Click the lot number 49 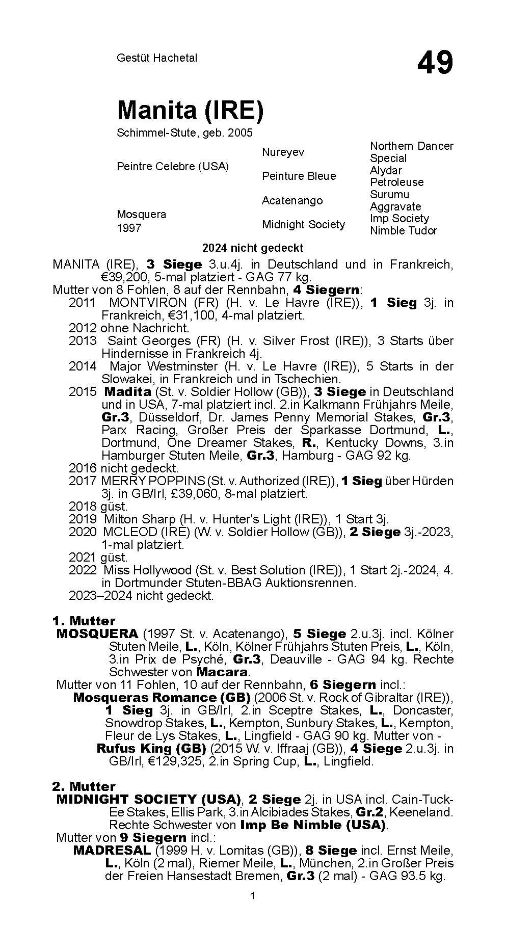pyautogui.click(x=435, y=63)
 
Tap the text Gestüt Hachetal pyautogui.click(x=157, y=58)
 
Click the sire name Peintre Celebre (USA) pyautogui.click(x=173, y=166)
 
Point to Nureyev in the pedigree pyautogui.click(x=283, y=152)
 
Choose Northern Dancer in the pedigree pyautogui.click(x=411, y=146)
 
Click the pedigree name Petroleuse pyautogui.click(x=396, y=182)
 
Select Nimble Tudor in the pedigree pyautogui.click(x=403, y=230)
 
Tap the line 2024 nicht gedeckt pyautogui.click(x=253, y=248)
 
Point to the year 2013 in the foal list pyautogui.click(x=83, y=341)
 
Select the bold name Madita pyautogui.click(x=127, y=392)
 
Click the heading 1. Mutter pyautogui.click(x=84, y=621)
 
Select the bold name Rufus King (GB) pyautogui.click(x=151, y=749)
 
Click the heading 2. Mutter pyautogui.click(x=84, y=786)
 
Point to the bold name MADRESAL pyautogui.click(x=112, y=851)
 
